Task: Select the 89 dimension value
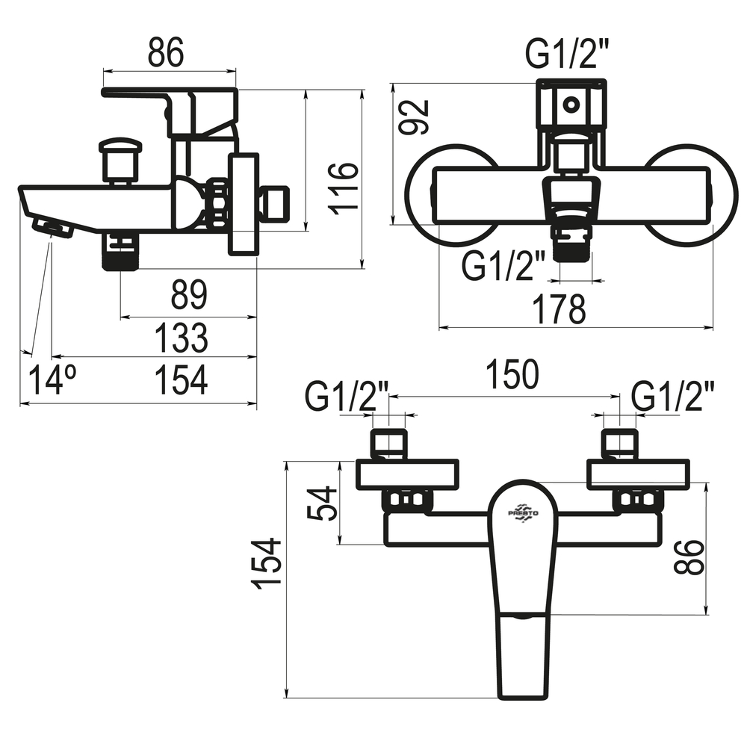(x=189, y=295)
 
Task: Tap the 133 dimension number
(x=182, y=338)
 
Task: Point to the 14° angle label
(x=52, y=379)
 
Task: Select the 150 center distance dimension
(x=512, y=374)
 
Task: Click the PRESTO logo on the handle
(x=523, y=513)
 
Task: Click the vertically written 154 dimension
(x=267, y=563)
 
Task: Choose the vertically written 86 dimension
(x=689, y=557)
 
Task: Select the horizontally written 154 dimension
(x=182, y=379)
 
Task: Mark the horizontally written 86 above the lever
(x=165, y=52)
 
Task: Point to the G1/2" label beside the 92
(x=568, y=53)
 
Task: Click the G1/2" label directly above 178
(x=503, y=266)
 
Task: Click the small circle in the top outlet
(x=571, y=104)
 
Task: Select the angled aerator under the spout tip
(x=52, y=227)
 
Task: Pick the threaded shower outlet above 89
(x=120, y=252)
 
